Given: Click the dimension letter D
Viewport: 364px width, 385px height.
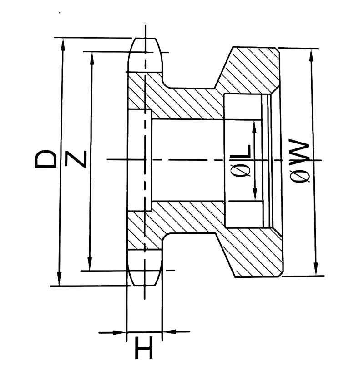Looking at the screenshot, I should click(x=46, y=160).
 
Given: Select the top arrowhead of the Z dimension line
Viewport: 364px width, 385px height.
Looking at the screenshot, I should click(x=91, y=57).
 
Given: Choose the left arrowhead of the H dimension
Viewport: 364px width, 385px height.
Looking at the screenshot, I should click(x=121, y=332).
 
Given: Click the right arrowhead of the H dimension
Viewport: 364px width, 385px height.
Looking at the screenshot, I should click(x=167, y=332).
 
